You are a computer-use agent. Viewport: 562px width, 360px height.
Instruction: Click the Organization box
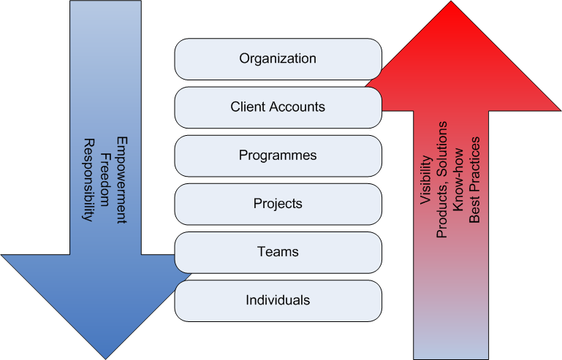[278, 58]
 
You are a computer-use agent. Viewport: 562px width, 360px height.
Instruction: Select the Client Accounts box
[278, 107]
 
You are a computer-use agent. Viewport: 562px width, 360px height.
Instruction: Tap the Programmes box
[278, 156]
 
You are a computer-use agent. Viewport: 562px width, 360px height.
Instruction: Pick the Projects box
[278, 204]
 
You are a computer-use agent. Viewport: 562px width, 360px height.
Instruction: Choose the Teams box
[278, 252]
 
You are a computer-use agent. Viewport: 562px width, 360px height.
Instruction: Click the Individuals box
[278, 300]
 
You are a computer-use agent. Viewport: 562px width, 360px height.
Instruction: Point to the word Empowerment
[121, 180]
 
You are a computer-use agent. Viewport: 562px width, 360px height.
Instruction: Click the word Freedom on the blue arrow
[105, 180]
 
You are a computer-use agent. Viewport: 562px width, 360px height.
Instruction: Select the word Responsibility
[88, 180]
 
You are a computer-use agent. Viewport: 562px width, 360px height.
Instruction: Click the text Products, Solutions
[441, 188]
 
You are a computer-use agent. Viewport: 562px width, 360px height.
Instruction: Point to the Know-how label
[457, 189]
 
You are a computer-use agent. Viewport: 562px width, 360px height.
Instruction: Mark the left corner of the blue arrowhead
[2, 256]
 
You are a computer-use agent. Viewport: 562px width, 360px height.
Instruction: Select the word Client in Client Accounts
[246, 107]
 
